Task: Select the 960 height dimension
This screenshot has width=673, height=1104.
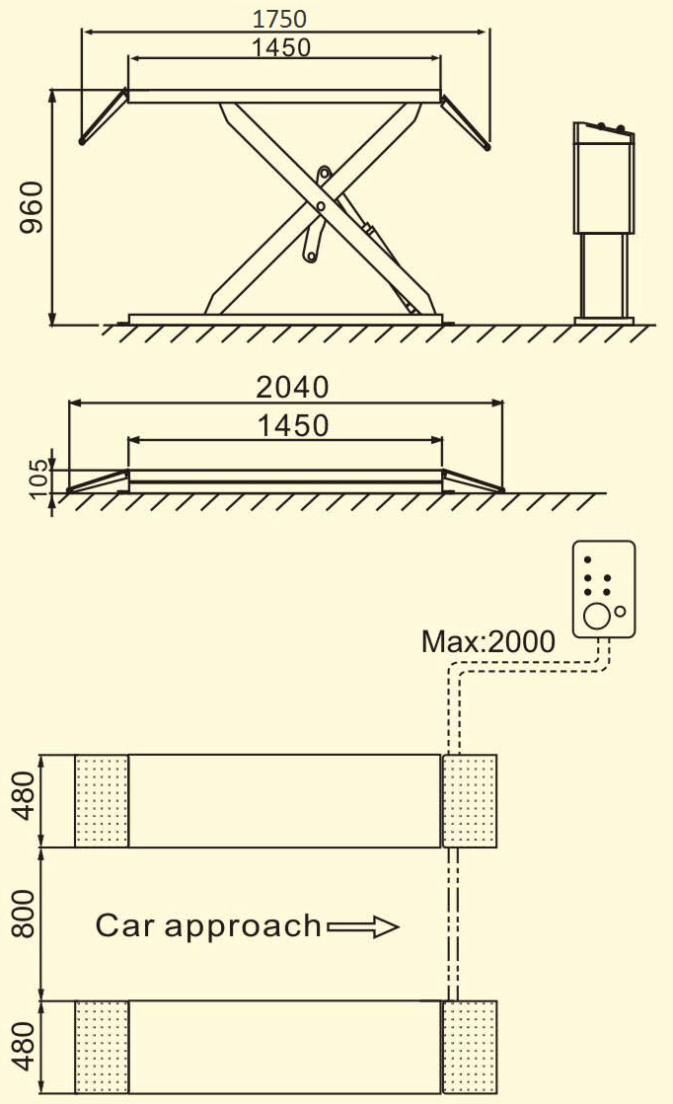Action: [x=32, y=206]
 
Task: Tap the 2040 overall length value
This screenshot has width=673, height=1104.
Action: [x=292, y=387]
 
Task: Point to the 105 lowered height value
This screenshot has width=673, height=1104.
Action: [x=37, y=478]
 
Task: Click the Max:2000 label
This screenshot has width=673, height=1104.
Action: [x=487, y=642]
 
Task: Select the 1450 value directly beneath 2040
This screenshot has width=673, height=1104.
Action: [x=292, y=426]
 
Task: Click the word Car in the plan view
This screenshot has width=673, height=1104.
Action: [x=125, y=926]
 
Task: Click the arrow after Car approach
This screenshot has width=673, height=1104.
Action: [x=362, y=926]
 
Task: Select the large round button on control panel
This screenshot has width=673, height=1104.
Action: [x=595, y=617]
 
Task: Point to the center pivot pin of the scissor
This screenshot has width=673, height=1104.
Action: [x=321, y=205]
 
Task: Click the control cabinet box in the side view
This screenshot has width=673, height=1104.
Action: [x=603, y=181]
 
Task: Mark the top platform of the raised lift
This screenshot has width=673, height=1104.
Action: [x=284, y=97]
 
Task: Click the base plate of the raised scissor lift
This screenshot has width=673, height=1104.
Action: [x=284, y=319]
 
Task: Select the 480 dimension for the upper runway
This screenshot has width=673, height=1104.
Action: [x=24, y=801]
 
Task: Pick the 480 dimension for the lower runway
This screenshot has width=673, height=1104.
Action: [x=24, y=1048]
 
